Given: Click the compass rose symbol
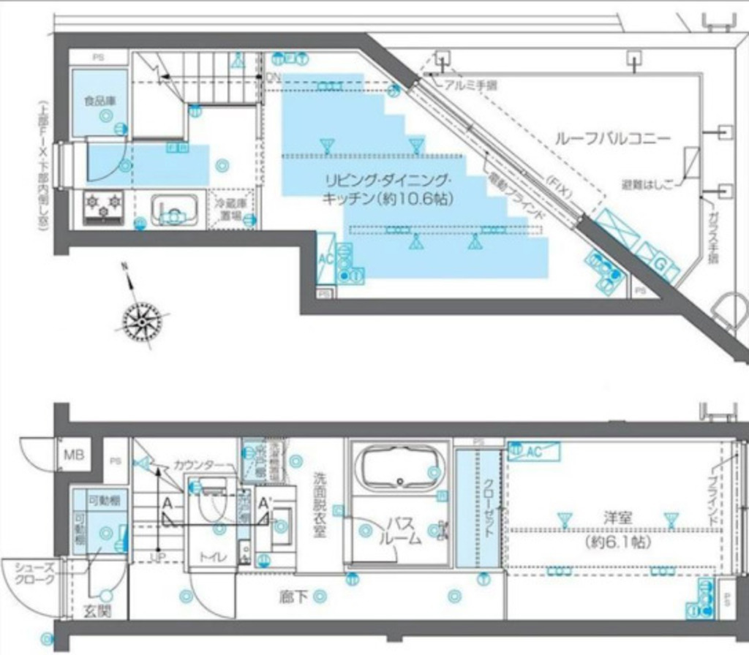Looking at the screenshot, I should [141, 319].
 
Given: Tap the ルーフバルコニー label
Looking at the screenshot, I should [612, 138].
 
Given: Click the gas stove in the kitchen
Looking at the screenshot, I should [103, 205].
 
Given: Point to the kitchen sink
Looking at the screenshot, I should [176, 209].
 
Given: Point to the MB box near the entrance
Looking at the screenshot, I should [73, 455].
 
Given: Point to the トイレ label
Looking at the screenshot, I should [214, 558].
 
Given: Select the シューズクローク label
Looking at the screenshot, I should [34, 574].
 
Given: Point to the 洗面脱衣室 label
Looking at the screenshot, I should [320, 504].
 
